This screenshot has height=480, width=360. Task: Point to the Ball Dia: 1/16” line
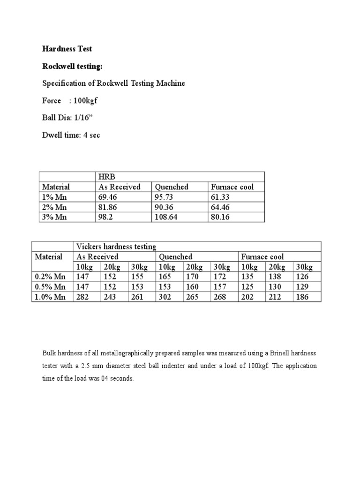67,118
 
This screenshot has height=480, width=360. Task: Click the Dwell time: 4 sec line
71,135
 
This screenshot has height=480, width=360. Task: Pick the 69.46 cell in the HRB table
108,197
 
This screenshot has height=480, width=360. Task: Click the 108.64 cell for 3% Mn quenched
167,217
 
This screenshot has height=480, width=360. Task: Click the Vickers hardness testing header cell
116,247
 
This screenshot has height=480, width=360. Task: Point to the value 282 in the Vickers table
82,297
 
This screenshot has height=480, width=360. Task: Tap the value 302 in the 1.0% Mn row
165,297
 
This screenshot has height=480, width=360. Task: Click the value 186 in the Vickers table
303,297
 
